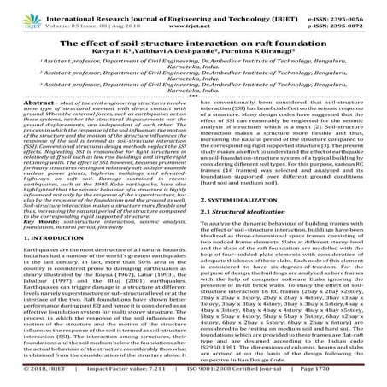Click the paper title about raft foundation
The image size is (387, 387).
[193, 33]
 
